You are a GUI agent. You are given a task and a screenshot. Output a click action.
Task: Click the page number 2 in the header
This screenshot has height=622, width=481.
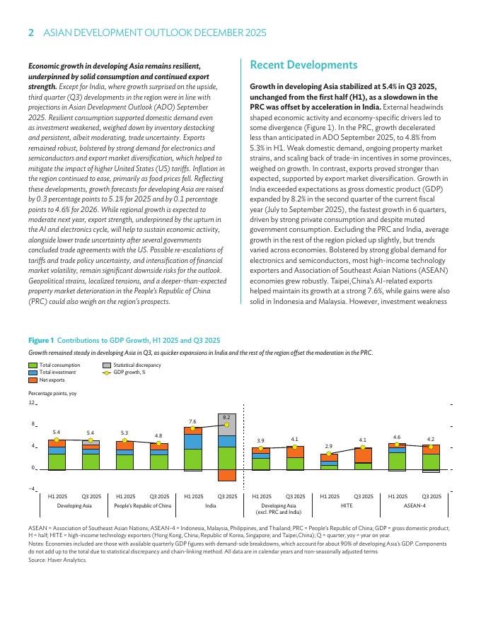[x=30, y=33]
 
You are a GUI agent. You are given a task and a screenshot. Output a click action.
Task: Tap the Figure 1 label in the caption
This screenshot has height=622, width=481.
[x=41, y=340]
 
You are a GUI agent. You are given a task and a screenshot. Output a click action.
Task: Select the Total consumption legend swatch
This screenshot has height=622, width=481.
[x=33, y=365]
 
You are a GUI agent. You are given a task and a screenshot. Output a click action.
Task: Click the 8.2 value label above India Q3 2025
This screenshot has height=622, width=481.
[x=226, y=418]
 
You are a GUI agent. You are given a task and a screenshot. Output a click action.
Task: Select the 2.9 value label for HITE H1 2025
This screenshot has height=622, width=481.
[x=329, y=446]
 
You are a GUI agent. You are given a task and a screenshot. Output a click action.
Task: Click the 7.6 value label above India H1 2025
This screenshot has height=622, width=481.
[x=192, y=421]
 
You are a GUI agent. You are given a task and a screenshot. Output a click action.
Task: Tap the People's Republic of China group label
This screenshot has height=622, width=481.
[x=143, y=506]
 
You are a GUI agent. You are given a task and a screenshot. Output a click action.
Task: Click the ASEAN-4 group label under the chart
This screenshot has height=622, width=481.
[x=415, y=506]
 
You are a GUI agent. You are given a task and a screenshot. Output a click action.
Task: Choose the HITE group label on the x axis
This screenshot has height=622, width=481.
[x=347, y=506]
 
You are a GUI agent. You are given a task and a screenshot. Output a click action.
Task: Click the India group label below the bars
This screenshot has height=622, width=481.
[x=210, y=506]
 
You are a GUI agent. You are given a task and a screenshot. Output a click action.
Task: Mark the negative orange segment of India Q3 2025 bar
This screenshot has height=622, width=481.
[x=227, y=475]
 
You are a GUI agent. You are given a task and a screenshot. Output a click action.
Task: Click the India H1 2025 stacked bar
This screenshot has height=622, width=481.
[x=193, y=450]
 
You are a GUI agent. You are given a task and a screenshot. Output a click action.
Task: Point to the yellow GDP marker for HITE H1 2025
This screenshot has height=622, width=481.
[x=329, y=454]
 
